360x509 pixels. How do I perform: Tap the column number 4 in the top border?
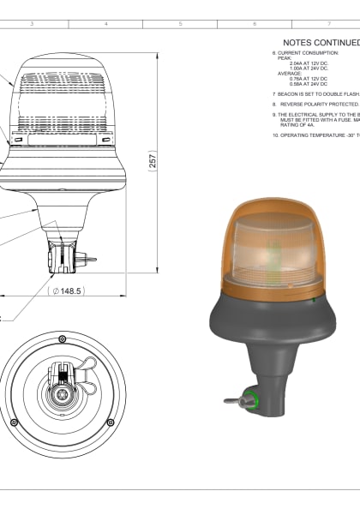[x=105, y=24]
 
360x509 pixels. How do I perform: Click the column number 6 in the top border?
[x=255, y=24]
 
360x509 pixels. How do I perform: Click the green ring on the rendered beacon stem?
[x=252, y=398]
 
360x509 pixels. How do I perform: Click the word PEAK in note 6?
[x=285, y=58]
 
